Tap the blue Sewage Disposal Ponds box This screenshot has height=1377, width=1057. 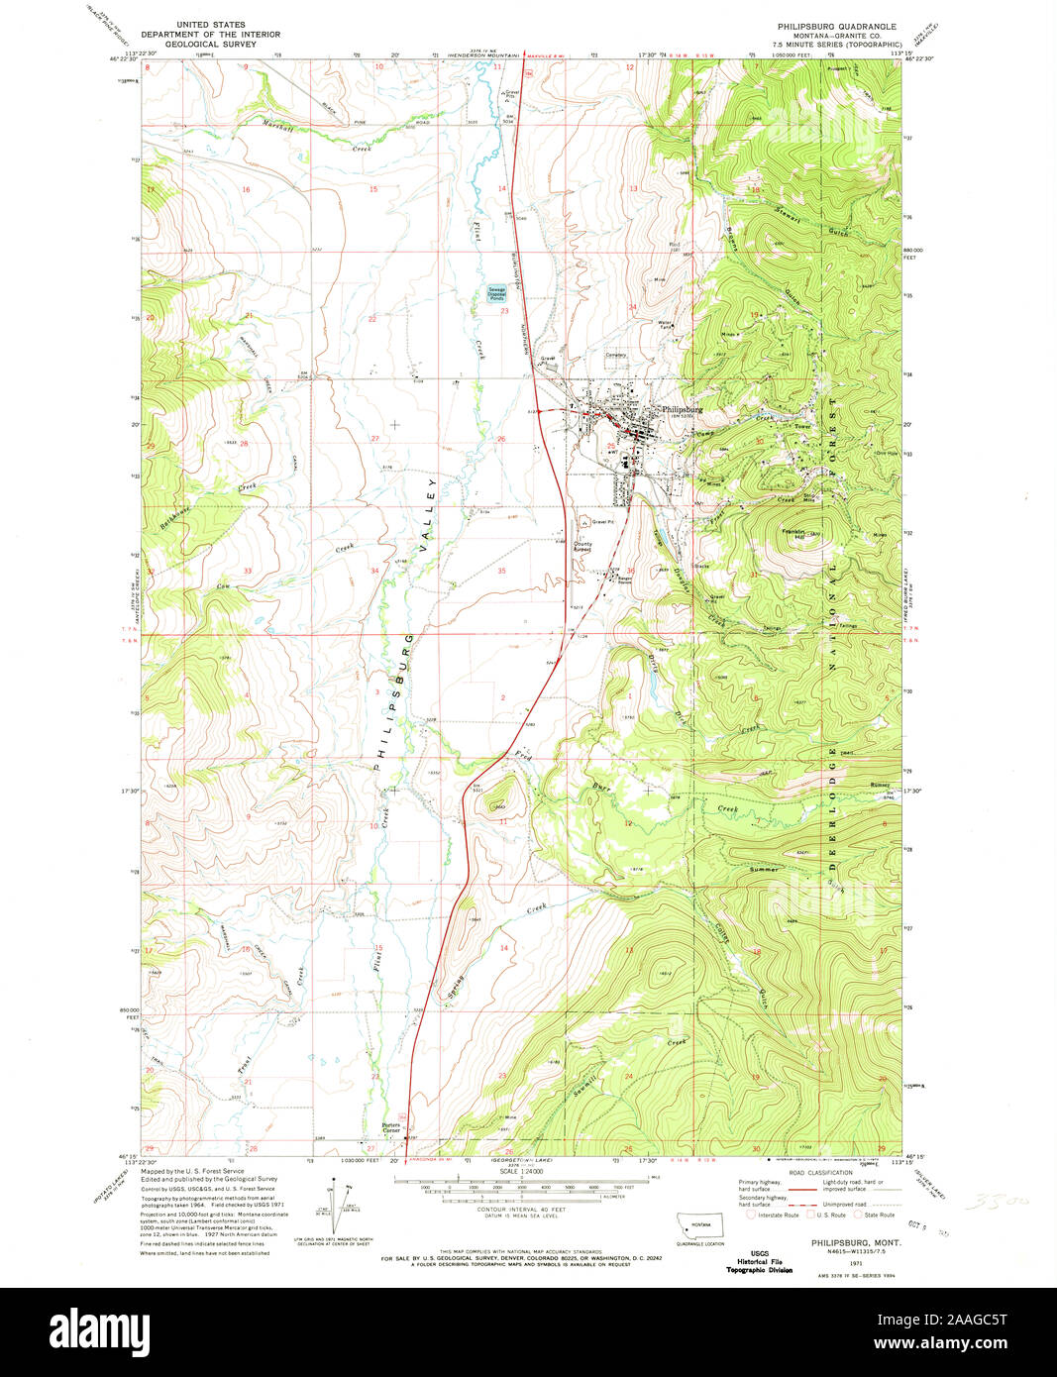[x=496, y=293]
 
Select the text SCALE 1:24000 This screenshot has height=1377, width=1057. [x=526, y=1173]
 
